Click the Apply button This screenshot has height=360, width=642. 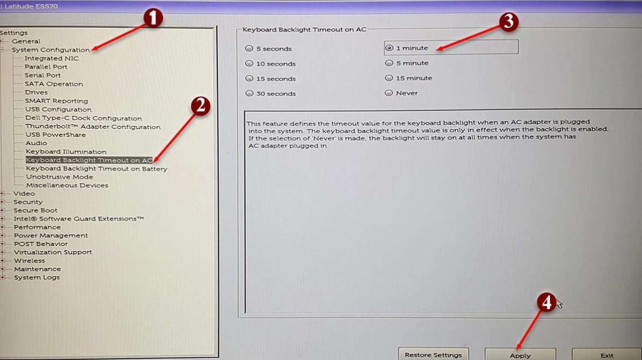[520, 354]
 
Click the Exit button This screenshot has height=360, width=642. [607, 354]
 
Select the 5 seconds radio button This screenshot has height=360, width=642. [249, 48]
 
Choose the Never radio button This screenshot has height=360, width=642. [389, 93]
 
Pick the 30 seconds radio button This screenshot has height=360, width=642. [249, 93]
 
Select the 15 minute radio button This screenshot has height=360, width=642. [389, 78]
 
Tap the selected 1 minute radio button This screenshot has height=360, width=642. [389, 48]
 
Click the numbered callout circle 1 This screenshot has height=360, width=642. [153, 18]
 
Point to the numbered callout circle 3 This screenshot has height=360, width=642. [508, 21]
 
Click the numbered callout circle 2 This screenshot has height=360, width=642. [201, 106]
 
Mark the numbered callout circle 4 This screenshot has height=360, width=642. [546, 302]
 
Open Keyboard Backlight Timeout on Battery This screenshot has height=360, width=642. [97, 168]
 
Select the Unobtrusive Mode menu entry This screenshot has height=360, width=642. [60, 177]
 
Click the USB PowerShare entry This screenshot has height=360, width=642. [55, 135]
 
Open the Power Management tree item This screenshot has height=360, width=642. [51, 235]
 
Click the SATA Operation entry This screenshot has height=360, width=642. [54, 84]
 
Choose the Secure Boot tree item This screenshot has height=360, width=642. [35, 210]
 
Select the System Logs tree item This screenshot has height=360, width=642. [37, 277]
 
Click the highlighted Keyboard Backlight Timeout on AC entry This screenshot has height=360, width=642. [89, 160]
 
